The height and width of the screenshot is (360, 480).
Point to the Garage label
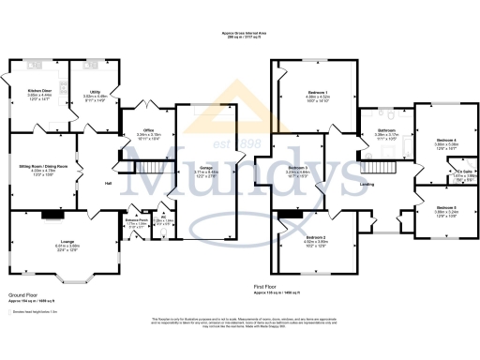(206, 167)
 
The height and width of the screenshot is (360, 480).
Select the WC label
(163, 219)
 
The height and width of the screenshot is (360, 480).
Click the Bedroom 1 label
(303, 89)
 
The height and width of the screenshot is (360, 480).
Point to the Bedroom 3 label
(298, 167)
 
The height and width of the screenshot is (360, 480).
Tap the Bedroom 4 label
(446, 138)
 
